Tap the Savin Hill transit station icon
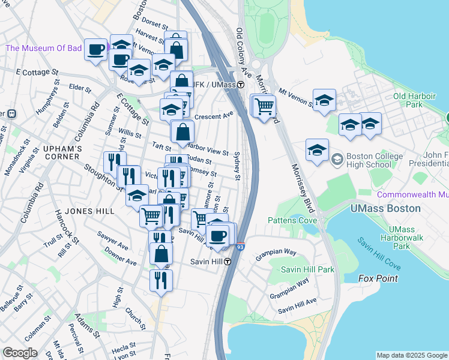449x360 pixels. pyautogui.click(x=229, y=262)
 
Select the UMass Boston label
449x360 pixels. pyautogui.click(x=387, y=208)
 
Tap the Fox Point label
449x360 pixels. pyautogui.click(x=378, y=278)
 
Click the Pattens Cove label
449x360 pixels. pyautogui.click(x=292, y=220)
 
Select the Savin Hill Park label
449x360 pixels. pyautogui.click(x=307, y=269)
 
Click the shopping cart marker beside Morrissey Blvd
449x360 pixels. pyautogui.click(x=264, y=106)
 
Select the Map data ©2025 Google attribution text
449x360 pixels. pyautogui.click(x=412, y=355)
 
